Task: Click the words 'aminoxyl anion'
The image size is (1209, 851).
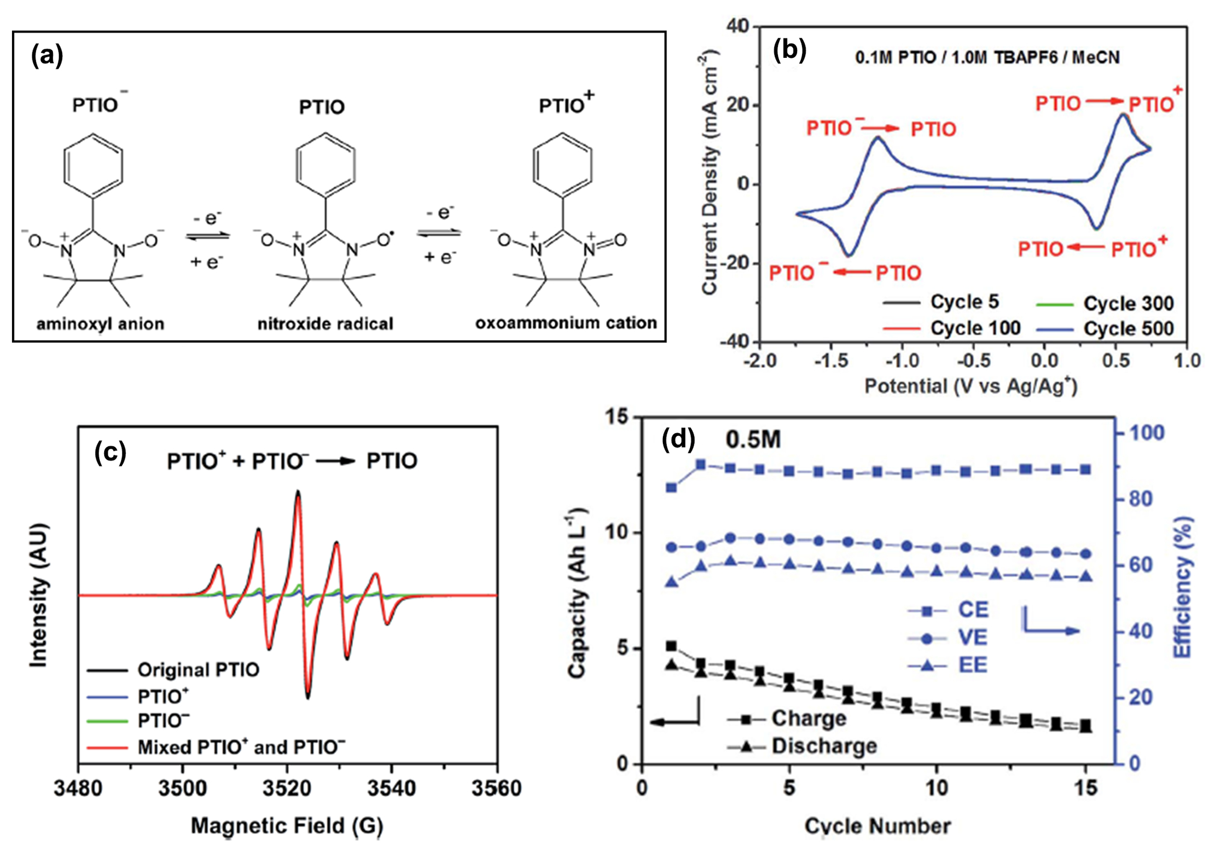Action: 100,324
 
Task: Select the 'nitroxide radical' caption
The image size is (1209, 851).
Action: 325,324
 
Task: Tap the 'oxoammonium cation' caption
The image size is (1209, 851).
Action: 566,323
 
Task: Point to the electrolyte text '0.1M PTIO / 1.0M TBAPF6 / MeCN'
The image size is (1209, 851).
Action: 987,58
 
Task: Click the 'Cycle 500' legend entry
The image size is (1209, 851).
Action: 1128,329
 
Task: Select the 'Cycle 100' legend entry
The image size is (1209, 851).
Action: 975,328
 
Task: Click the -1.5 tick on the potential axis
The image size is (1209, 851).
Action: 831,361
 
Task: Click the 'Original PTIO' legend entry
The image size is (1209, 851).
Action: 198,670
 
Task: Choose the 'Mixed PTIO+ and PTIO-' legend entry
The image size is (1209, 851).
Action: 241,747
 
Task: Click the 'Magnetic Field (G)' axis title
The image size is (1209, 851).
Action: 287,826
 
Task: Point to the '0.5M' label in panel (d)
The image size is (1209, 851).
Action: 753,440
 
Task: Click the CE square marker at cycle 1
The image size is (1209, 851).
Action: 671,487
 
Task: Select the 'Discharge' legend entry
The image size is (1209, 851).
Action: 824,746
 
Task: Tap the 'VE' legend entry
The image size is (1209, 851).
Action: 972,637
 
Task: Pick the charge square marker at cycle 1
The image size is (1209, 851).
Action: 671,646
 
